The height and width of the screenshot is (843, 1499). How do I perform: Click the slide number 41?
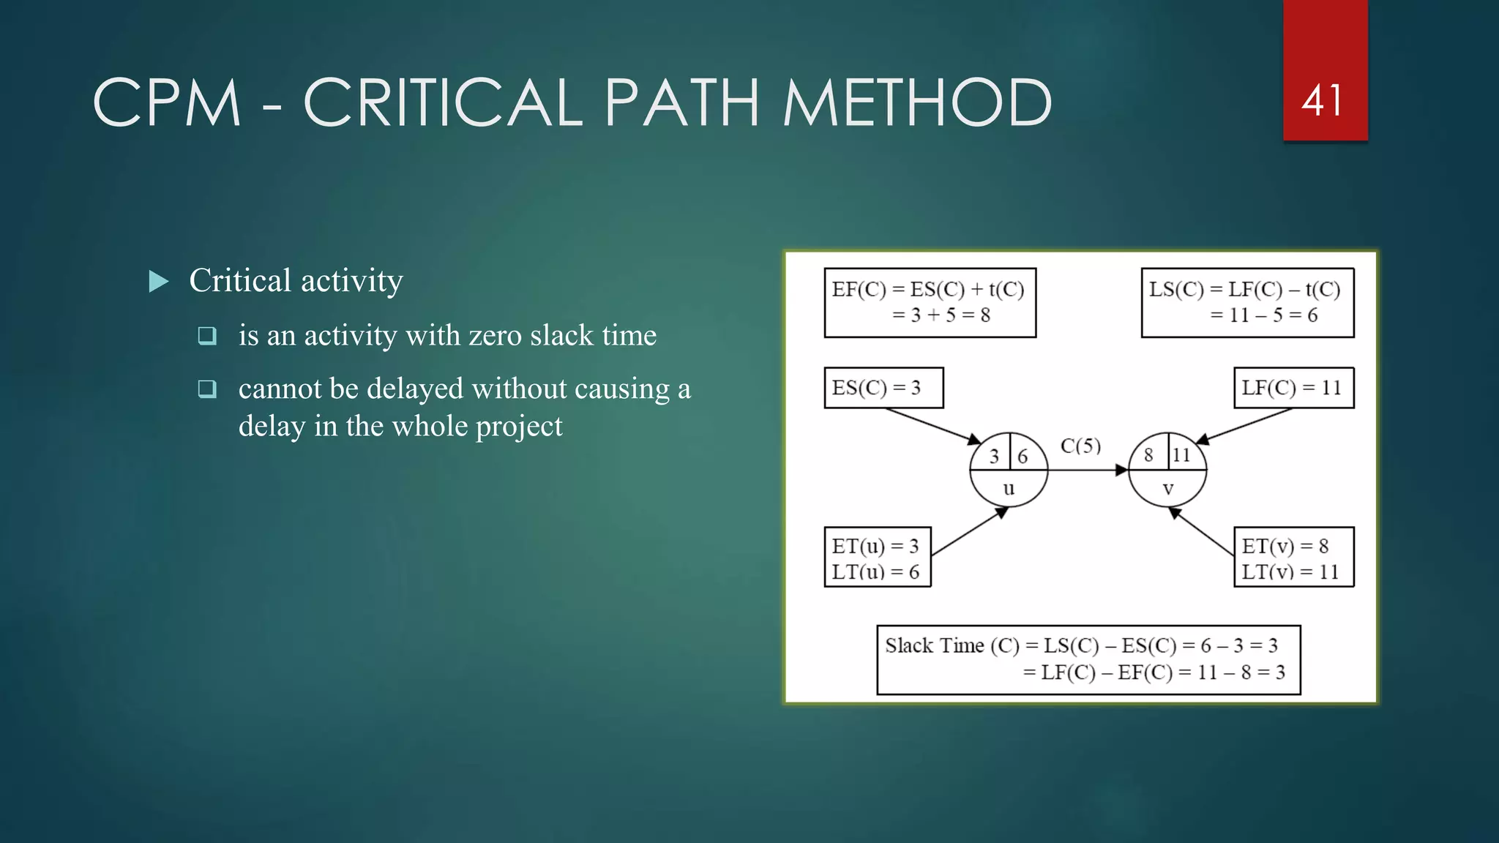click(x=1323, y=101)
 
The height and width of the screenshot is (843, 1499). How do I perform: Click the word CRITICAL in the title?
click(x=442, y=103)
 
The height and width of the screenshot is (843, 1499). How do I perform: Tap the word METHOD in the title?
click(x=916, y=103)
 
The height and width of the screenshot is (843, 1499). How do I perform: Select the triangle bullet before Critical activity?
click(x=159, y=282)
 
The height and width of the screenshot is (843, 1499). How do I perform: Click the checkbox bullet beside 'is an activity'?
click(x=207, y=336)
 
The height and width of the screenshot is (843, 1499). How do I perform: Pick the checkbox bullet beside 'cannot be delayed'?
click(x=207, y=389)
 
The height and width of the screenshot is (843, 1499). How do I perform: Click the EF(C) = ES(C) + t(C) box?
click(x=930, y=302)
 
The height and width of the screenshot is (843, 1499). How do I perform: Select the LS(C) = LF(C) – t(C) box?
click(x=1247, y=302)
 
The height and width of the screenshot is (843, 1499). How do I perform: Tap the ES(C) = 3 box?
click(x=883, y=388)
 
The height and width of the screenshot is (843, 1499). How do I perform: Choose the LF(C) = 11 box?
click(x=1293, y=388)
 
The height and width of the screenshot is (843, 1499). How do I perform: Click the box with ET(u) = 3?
click(x=877, y=558)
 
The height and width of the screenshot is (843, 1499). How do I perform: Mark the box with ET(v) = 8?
click(x=1293, y=558)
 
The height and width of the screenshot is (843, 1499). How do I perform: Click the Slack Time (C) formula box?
click(x=1088, y=659)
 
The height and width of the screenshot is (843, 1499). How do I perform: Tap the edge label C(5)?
click(x=1080, y=446)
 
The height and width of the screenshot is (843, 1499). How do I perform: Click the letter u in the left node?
click(x=1009, y=489)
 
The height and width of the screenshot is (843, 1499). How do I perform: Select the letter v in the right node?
click(x=1168, y=489)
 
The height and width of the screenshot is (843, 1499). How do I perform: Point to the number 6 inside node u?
click(x=1023, y=457)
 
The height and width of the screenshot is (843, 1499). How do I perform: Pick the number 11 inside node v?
click(x=1181, y=455)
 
